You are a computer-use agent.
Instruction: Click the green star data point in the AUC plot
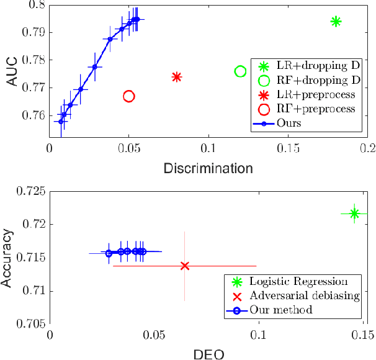click(336, 22)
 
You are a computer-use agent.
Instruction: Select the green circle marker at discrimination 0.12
click(241, 72)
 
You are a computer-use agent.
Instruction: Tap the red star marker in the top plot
click(177, 77)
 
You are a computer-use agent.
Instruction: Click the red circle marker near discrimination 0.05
click(129, 96)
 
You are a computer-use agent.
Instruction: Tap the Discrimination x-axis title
click(208, 168)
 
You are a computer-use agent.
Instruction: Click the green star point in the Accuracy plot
click(354, 214)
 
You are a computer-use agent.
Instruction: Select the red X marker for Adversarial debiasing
click(184, 266)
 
